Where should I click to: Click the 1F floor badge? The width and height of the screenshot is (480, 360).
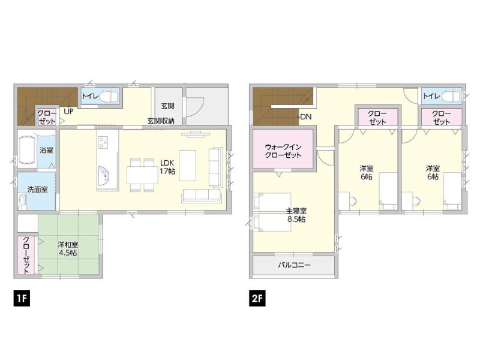[x=22, y=298]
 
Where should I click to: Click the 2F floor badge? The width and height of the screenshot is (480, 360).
[x=257, y=298]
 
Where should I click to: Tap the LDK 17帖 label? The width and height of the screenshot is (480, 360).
[x=167, y=167]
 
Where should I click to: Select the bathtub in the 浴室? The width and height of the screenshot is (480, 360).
[x=28, y=151]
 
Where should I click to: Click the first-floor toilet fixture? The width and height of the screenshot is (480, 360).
[x=109, y=97]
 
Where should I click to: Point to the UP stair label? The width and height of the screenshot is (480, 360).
[x=68, y=111]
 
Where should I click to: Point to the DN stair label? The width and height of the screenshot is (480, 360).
[x=305, y=116]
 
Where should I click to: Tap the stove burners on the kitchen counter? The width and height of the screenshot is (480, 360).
[x=103, y=142]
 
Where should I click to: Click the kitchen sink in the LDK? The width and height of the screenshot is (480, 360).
[x=103, y=176]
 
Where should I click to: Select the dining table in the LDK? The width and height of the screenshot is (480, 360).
[x=142, y=175]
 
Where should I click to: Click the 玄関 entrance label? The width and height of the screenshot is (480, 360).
[x=168, y=106]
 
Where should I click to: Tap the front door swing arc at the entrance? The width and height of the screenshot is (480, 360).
[x=198, y=110]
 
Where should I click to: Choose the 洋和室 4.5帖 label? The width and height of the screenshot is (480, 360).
[x=68, y=248]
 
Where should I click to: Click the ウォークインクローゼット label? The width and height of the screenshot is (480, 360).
[x=283, y=151]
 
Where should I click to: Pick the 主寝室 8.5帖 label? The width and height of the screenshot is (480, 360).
[x=296, y=215]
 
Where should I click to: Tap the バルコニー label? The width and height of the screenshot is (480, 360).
[x=294, y=265]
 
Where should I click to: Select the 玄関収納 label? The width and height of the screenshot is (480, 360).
[x=161, y=121]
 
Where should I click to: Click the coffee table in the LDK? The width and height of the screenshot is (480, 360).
[x=188, y=166]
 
